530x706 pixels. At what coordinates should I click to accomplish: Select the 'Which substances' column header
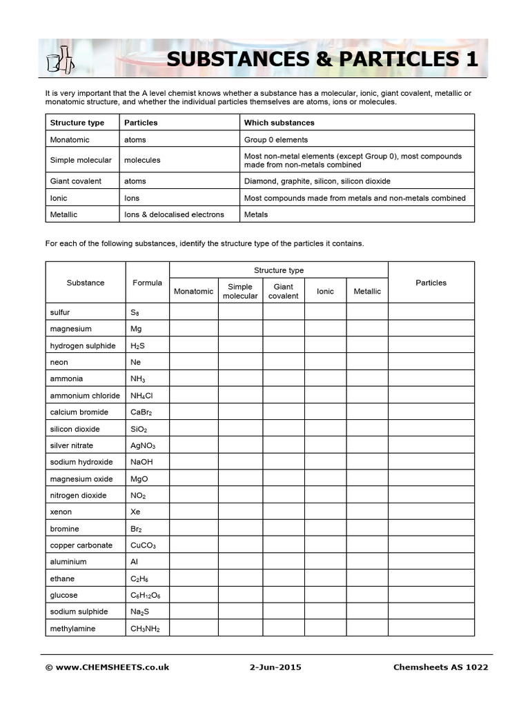tap(279, 123)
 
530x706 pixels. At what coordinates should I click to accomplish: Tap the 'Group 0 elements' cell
tap(275, 139)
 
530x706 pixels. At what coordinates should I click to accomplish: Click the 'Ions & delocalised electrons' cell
tap(174, 214)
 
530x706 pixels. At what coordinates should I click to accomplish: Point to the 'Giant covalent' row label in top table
tap(75, 181)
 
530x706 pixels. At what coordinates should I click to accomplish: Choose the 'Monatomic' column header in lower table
tap(193, 291)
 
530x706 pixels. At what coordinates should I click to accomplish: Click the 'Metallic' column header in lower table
tap(367, 291)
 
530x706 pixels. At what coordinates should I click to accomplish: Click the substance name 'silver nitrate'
tap(71, 445)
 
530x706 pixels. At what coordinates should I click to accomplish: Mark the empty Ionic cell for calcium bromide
tap(325, 412)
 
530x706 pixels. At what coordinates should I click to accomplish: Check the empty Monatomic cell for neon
tap(194, 362)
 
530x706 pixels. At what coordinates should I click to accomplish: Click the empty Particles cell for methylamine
tap(431, 628)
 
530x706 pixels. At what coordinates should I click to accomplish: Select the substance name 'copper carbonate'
tap(81, 545)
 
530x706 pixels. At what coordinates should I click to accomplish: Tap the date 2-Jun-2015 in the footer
tap(275, 667)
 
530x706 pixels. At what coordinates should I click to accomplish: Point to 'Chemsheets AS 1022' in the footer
tap(440, 667)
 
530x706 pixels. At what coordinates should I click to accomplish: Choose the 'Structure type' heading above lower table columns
tap(278, 270)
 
